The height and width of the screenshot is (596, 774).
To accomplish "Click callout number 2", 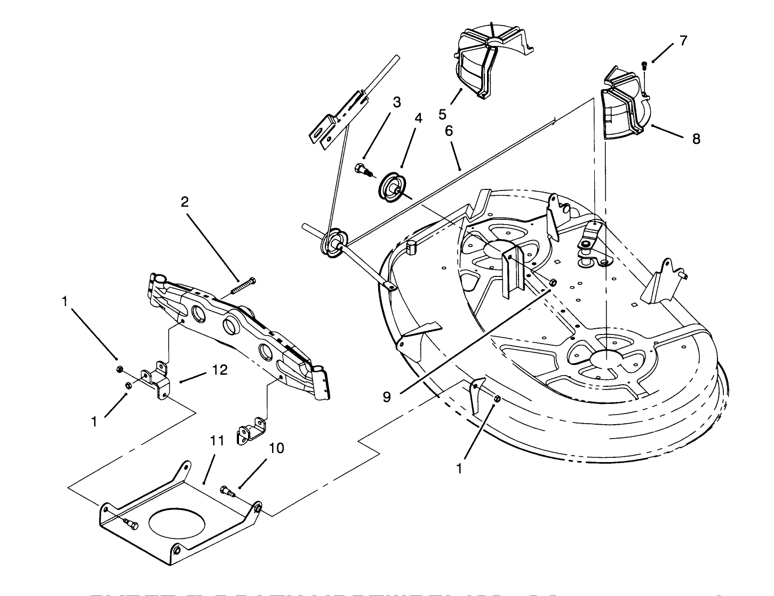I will (x=185, y=202).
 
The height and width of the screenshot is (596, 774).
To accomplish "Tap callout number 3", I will (x=396, y=102).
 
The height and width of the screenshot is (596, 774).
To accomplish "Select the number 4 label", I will (x=418, y=118).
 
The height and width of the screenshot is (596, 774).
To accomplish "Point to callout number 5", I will (x=442, y=114).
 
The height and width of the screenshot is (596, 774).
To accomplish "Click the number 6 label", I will (x=449, y=131).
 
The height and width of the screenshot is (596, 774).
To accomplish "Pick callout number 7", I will (x=683, y=41).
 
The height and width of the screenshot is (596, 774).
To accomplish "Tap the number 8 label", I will (x=696, y=139).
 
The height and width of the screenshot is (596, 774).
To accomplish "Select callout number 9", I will (x=387, y=396).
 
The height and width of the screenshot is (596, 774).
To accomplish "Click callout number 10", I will (x=276, y=448).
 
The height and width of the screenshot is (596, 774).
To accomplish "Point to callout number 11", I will (x=215, y=441).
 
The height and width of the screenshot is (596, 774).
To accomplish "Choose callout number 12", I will (x=220, y=370).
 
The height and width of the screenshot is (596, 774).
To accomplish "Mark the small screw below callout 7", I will (x=644, y=66).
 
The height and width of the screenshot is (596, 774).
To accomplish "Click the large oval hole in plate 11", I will (x=178, y=521).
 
